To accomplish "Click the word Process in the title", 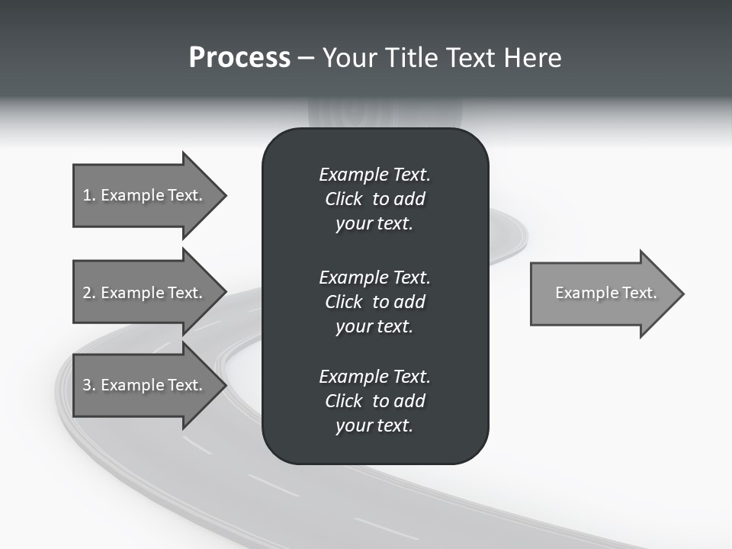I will click(x=239, y=58).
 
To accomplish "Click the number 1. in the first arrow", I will click(x=89, y=195).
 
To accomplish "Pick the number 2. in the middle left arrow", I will click(x=89, y=293).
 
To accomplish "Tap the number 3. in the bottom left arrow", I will click(x=89, y=385).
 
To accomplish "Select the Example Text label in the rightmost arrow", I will click(x=605, y=293).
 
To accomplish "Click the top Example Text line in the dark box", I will click(x=374, y=175).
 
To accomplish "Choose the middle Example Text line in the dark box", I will click(x=374, y=277).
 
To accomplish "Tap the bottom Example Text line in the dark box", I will click(x=374, y=377).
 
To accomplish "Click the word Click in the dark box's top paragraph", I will click(x=343, y=199).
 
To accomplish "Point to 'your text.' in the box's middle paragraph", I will click(x=374, y=326).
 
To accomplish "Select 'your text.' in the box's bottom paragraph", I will click(x=374, y=425).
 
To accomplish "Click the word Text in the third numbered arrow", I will click(x=185, y=385).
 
